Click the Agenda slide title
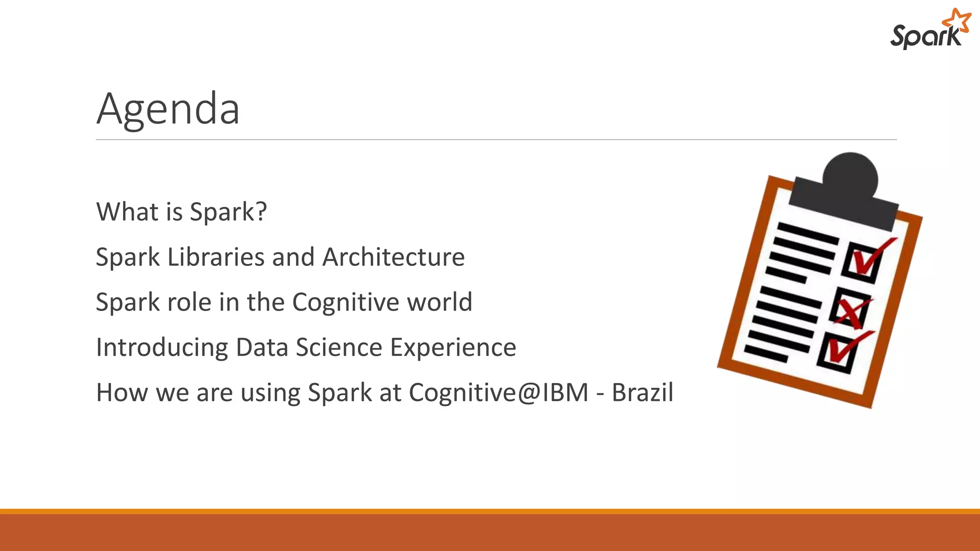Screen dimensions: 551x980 [168, 110]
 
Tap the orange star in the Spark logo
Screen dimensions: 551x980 [956, 22]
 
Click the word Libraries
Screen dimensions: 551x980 [216, 257]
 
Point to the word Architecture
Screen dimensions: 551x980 [393, 257]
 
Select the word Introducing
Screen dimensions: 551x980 [162, 348]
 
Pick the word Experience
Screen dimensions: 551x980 [453, 348]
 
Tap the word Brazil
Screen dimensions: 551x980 [642, 393]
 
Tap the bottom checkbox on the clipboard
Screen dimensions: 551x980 [838, 353]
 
